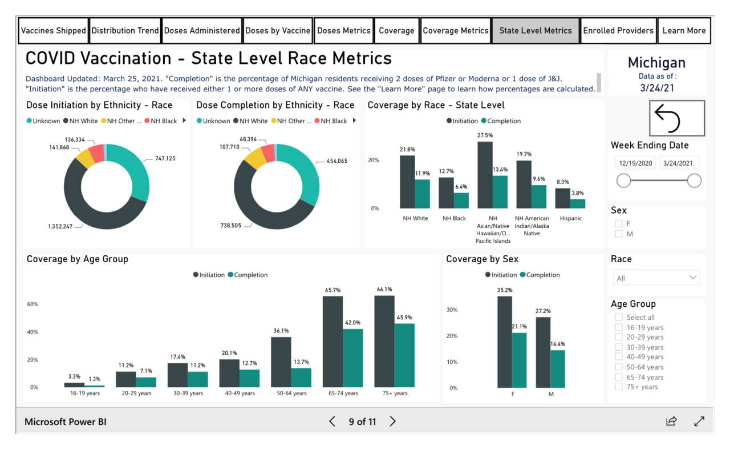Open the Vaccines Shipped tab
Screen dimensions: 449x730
(x=53, y=31)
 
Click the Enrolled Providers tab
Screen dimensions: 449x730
(x=618, y=31)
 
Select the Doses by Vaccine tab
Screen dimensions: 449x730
(x=278, y=31)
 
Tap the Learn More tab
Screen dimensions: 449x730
(x=684, y=31)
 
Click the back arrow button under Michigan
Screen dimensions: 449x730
(x=676, y=118)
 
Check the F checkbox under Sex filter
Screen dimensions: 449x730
(x=619, y=224)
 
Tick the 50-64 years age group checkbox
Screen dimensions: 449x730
(x=619, y=367)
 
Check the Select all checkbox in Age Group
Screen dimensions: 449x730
(x=619, y=318)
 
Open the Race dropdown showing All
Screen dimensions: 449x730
(x=656, y=278)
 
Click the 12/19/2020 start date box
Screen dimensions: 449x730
(x=635, y=163)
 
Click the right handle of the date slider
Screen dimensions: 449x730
(x=694, y=181)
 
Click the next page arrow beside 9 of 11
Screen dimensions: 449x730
(x=393, y=422)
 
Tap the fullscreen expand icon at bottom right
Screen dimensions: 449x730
(x=699, y=422)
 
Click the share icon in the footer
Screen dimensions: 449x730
(x=671, y=422)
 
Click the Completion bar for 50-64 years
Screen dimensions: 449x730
(x=301, y=377)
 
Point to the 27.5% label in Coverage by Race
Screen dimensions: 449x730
(x=485, y=135)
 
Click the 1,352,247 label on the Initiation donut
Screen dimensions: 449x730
(x=60, y=227)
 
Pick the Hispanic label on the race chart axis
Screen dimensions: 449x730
(x=570, y=218)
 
